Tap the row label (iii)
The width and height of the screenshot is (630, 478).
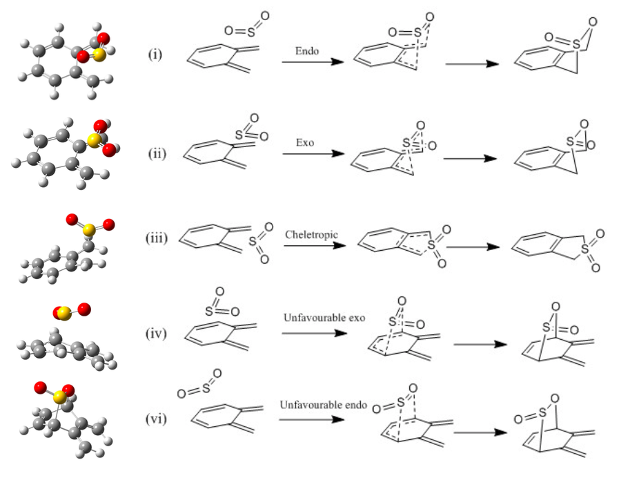[x=159, y=240]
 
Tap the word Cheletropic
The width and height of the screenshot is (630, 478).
[x=311, y=234]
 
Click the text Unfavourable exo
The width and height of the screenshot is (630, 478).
[x=323, y=318]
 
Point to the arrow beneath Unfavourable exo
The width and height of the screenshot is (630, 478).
[x=312, y=332]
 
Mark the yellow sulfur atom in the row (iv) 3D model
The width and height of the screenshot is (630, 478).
[x=63, y=314]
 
